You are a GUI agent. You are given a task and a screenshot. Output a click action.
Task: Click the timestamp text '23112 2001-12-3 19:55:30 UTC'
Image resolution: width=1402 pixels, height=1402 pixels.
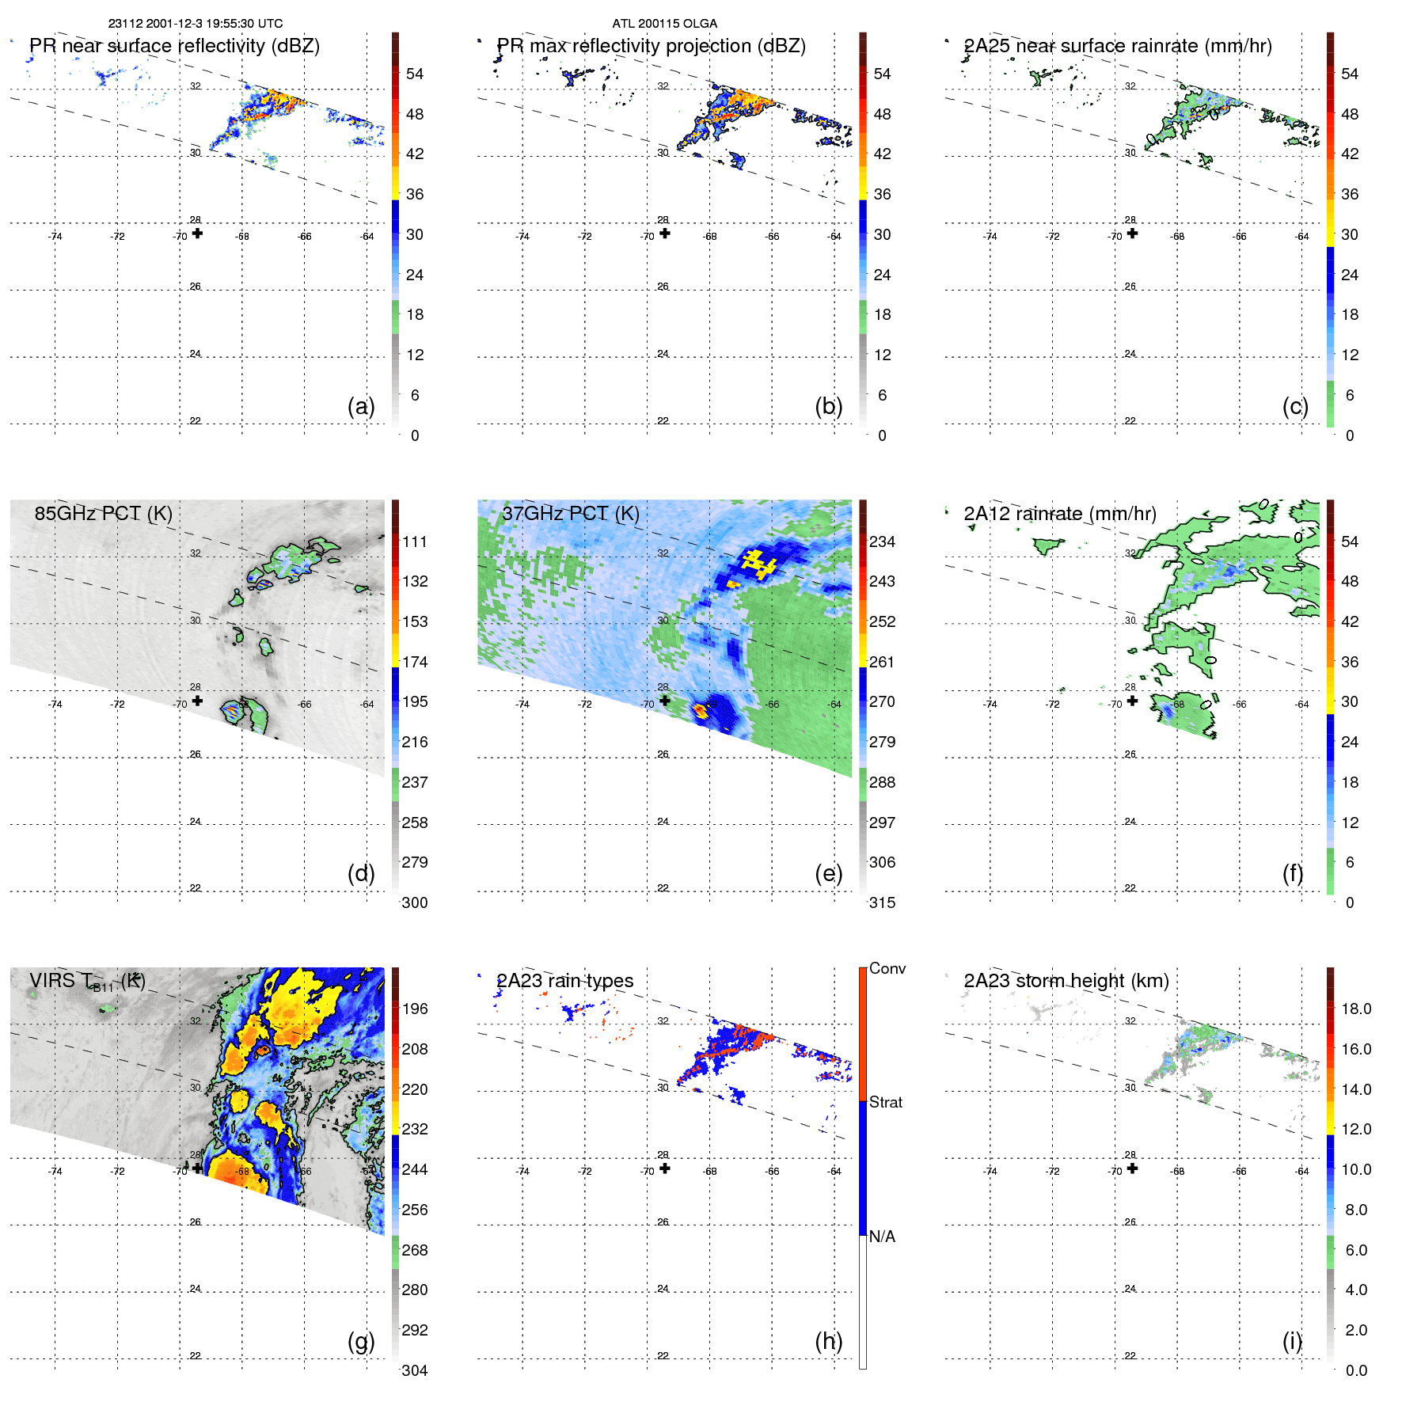click(195, 24)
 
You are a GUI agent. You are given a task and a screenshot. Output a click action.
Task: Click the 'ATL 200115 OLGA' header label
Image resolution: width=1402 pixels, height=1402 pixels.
click(664, 24)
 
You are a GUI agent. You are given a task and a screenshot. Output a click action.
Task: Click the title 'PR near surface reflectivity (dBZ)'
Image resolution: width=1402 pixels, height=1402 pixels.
click(174, 46)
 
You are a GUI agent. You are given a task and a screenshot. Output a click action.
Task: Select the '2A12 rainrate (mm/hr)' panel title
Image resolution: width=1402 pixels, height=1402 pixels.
click(1059, 514)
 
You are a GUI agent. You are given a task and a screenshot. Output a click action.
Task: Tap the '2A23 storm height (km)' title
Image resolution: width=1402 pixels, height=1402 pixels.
click(1066, 981)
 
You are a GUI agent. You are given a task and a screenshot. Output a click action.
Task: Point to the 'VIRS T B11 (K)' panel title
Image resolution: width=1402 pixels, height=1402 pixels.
click(87, 982)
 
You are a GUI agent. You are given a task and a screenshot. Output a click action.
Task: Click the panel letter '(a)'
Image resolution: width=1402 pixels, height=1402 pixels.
click(361, 406)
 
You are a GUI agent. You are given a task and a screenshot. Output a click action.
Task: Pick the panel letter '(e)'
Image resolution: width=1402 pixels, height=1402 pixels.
click(828, 873)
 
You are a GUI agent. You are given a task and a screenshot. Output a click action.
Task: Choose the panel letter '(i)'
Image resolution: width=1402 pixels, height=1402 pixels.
click(1292, 1340)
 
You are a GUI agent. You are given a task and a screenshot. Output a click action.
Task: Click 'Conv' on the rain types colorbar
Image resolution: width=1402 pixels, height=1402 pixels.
click(887, 968)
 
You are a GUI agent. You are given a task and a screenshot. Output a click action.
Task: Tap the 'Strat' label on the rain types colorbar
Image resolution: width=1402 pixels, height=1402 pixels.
click(885, 1102)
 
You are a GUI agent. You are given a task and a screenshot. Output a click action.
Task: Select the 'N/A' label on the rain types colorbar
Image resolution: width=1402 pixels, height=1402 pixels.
click(882, 1237)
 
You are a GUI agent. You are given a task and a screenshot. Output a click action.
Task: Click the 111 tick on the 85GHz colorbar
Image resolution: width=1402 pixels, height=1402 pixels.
click(414, 541)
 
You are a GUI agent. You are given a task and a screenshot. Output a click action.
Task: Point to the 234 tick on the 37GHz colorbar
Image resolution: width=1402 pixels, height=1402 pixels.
click(882, 541)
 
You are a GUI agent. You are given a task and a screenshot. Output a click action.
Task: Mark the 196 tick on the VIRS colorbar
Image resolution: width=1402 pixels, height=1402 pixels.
click(414, 1009)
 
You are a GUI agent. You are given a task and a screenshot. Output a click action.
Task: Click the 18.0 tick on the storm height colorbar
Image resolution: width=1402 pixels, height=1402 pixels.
click(1355, 1009)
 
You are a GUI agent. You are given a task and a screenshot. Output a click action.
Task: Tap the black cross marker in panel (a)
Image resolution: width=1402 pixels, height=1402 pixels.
click(197, 234)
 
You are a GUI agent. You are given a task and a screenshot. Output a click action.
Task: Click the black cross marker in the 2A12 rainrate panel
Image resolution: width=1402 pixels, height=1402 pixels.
click(1132, 701)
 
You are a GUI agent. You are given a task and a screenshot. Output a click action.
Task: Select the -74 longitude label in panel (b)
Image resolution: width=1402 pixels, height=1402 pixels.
click(522, 237)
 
